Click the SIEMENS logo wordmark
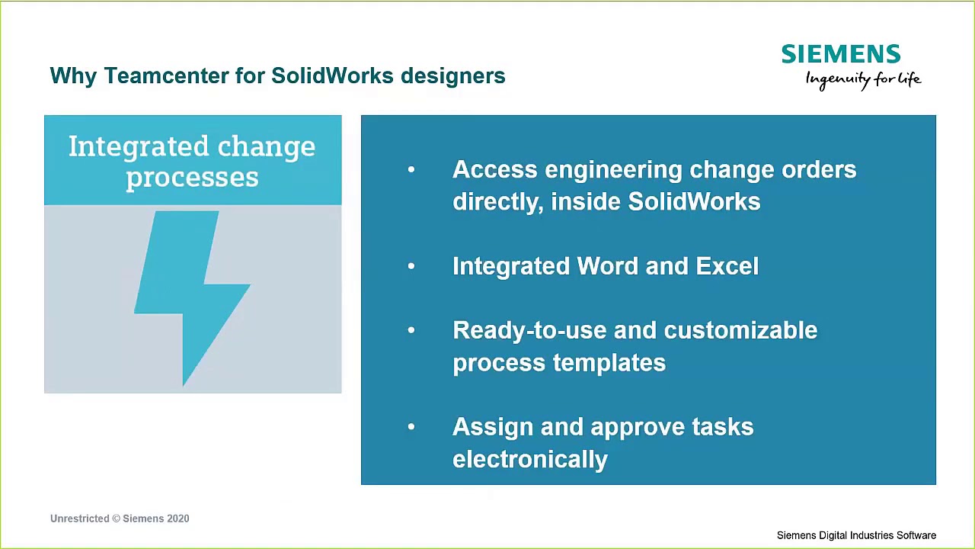[840, 54]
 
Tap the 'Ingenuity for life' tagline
[863, 79]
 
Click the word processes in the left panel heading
[192, 178]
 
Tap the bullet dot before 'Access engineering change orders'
[411, 170]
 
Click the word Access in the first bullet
[494, 169]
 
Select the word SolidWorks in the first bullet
[693, 202]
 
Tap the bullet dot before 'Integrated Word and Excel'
[411, 266]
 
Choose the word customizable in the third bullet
[740, 330]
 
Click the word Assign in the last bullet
[492, 427]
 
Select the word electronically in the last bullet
[529, 460]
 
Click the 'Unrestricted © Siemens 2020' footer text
[120, 518]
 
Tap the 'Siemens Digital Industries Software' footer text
[856, 535]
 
